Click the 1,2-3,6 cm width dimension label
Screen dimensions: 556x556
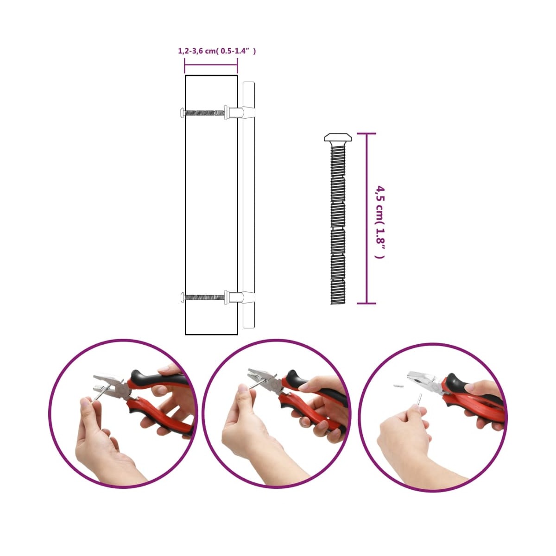coord(217,51)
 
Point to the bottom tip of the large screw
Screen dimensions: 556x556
coord(338,304)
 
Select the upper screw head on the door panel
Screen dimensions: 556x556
coord(182,112)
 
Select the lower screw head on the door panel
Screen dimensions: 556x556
coord(182,297)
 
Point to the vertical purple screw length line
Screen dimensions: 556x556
coord(366,218)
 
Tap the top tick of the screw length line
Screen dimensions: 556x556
coord(366,133)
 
